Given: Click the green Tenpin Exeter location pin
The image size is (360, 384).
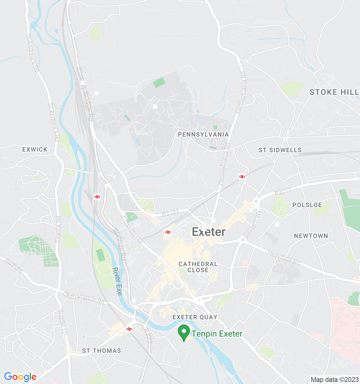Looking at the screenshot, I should tap(184, 332).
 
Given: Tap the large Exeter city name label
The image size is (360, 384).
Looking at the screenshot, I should tap(208, 232).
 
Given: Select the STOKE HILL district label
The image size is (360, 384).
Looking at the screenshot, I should tap(334, 92).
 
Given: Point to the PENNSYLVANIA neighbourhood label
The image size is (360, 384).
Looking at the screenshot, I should tap(203, 134).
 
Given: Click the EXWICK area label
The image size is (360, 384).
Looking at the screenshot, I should tap(35, 149).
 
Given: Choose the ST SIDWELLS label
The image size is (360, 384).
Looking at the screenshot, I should tap(280, 150).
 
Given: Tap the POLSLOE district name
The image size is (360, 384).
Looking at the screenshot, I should tap(307, 205).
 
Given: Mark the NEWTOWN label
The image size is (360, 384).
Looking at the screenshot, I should tap(311, 236).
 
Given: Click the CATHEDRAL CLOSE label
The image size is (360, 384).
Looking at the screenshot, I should tap(198, 267).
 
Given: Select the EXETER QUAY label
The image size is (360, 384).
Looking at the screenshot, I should tap(195, 317).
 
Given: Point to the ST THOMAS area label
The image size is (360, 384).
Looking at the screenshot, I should tap(101, 351).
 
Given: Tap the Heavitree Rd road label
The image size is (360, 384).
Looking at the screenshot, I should tap(283, 258).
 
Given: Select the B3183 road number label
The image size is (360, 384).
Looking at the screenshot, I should tap(170, 213).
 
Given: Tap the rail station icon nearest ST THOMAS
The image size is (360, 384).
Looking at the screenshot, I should tap(129, 329).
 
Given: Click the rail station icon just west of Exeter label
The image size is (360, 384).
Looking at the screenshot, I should tap(168, 232).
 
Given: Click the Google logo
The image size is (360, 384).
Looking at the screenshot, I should tap(20, 377).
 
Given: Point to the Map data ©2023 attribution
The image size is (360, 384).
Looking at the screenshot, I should tap(334, 379).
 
